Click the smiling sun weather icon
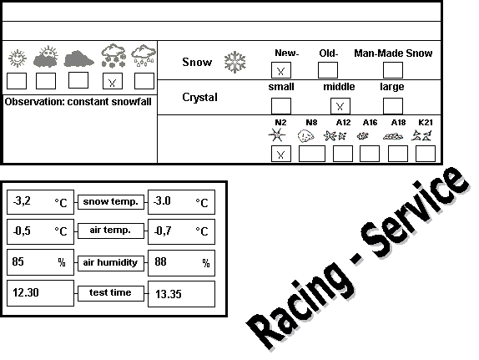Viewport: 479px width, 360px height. (18, 58)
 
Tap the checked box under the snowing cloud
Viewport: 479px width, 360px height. (113, 81)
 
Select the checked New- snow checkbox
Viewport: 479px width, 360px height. (281, 70)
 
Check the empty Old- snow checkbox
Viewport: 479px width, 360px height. (328, 70)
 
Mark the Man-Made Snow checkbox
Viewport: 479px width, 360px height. (393, 70)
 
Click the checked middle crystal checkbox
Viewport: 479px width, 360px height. (340, 106)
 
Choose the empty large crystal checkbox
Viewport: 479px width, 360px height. (393, 106)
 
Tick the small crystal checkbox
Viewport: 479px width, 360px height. (281, 106)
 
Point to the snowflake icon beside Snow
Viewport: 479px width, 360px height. (235, 62)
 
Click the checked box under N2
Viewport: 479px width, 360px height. (281, 154)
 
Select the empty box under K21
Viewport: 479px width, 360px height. (426, 154)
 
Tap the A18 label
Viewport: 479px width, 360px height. (398, 123)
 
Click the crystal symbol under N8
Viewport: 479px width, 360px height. (305, 136)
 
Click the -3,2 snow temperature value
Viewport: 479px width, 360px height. (22, 201)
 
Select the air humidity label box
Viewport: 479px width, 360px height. (111, 263)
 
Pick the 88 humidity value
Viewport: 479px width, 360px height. (160, 261)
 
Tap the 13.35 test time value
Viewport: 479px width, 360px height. (169, 294)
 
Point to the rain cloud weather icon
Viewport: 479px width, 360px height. (144, 55)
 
